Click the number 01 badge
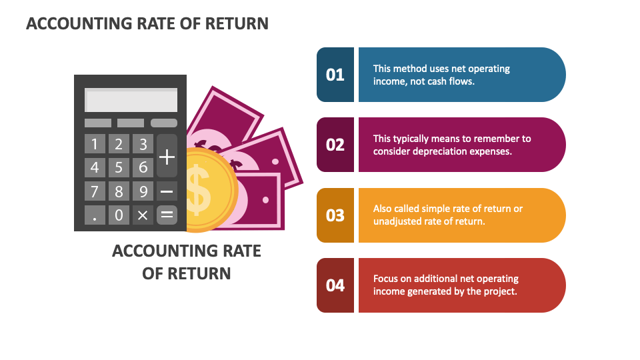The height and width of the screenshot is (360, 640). [x=335, y=75]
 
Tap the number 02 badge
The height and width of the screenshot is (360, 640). [x=335, y=145]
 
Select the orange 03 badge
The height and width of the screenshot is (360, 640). [x=335, y=215]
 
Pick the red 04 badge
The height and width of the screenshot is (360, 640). [x=335, y=285]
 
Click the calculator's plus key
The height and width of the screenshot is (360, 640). [x=167, y=157]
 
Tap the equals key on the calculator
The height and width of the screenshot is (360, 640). [x=167, y=215]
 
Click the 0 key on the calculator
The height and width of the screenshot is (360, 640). [x=119, y=215]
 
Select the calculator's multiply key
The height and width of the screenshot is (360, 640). [x=143, y=215]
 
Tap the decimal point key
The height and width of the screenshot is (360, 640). [x=95, y=215]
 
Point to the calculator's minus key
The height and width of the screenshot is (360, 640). [x=167, y=191]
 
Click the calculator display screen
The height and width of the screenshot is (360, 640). [x=131, y=101]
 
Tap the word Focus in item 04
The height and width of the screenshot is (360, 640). [x=386, y=279]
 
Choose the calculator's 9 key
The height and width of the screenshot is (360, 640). [x=143, y=191]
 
